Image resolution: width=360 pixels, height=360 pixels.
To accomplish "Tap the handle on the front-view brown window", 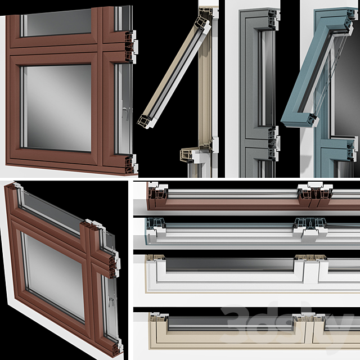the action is pyautogui.click(x=126, y=114).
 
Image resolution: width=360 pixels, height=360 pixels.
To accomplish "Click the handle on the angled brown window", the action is pyautogui.click(x=111, y=302).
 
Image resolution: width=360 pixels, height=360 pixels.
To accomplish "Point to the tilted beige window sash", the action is pyautogui.click(x=174, y=73).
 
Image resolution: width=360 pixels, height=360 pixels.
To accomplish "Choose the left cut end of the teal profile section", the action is pyautogui.click(x=155, y=226).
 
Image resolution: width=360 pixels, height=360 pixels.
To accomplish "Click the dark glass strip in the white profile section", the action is pyautogui.click(x=229, y=264).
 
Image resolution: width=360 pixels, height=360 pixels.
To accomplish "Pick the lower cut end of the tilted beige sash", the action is pyautogui.click(x=146, y=121).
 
